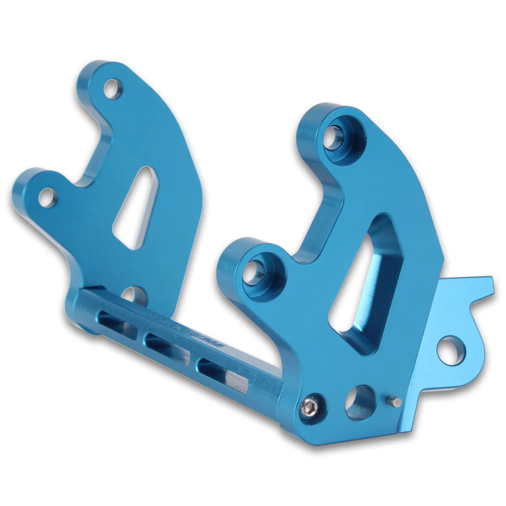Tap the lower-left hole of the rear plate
[47, 197]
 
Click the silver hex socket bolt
[312, 406]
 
